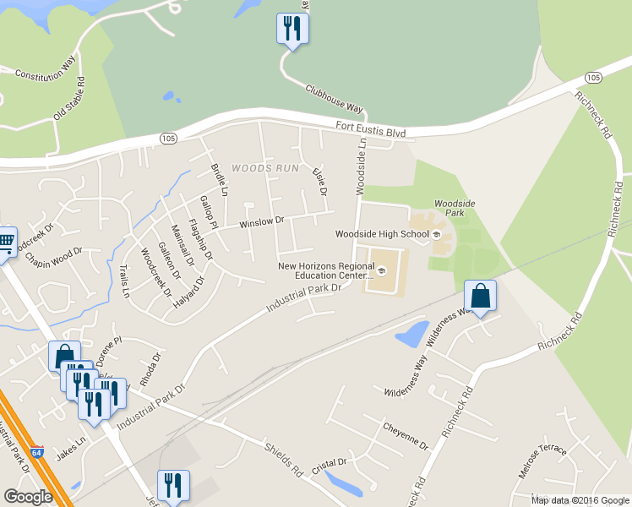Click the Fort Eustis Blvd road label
click(370, 133)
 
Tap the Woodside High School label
click(382, 234)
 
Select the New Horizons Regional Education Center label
click(325, 270)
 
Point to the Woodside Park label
click(455, 204)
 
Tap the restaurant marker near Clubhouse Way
click(292, 30)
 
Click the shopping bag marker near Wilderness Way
click(480, 297)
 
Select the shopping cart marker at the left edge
click(5, 243)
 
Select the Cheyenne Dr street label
click(406, 436)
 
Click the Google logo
click(28, 496)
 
